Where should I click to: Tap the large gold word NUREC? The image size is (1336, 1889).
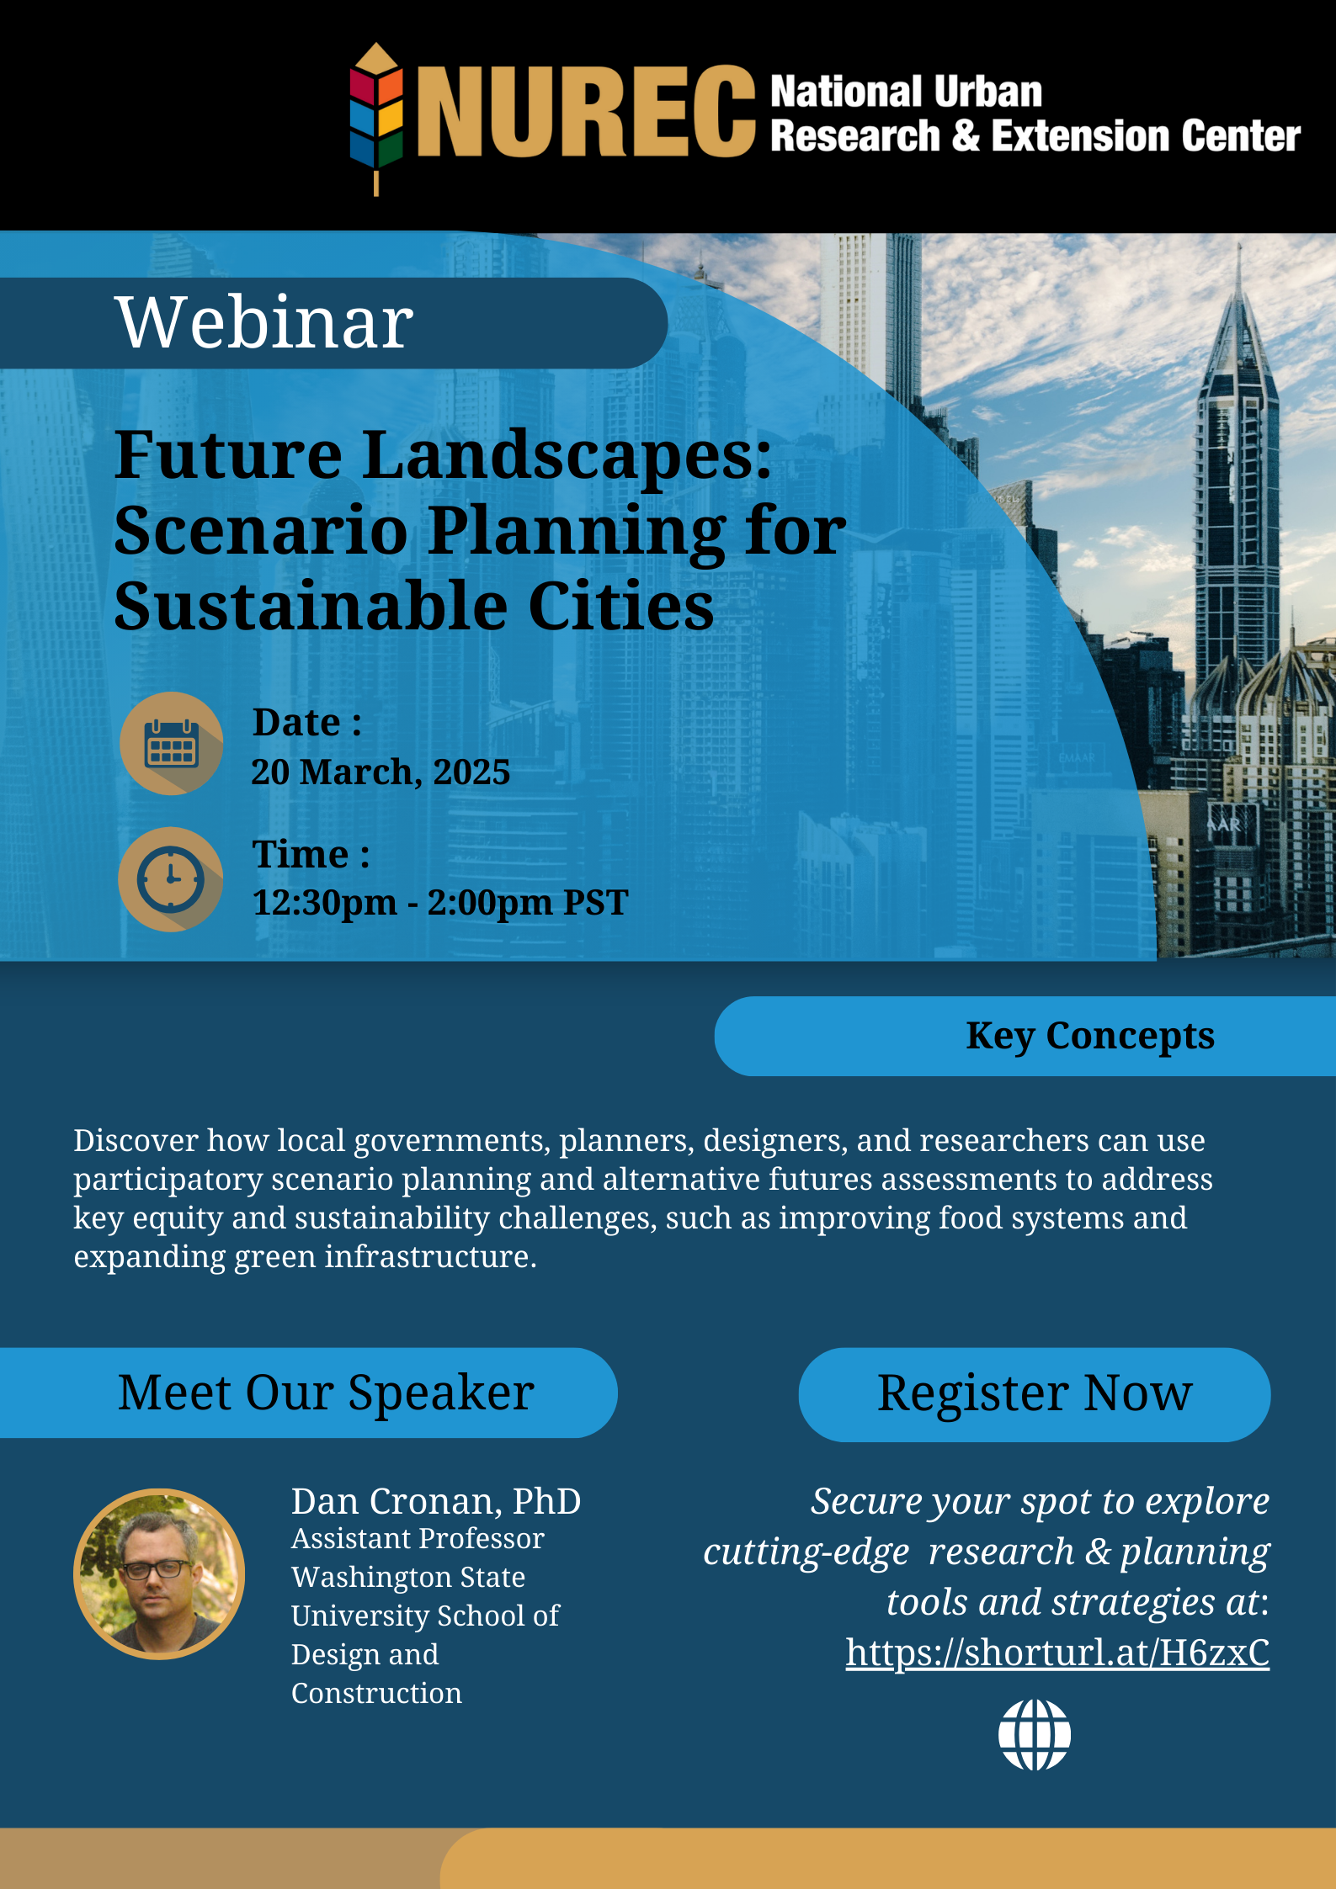click(x=586, y=112)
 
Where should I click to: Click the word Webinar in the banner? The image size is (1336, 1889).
click(x=264, y=322)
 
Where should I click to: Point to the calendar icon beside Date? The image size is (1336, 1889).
click(x=172, y=743)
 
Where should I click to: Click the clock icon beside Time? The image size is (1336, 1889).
click(x=171, y=879)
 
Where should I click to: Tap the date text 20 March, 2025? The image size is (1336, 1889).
click(x=381, y=772)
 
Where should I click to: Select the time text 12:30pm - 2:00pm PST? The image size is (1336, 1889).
click(x=440, y=903)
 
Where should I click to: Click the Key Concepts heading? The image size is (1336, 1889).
click(x=1089, y=1036)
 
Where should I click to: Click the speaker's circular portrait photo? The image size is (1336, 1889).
click(x=159, y=1573)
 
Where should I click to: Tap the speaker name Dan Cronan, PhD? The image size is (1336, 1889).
click(x=436, y=1502)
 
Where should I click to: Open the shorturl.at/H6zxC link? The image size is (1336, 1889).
click(x=1057, y=1652)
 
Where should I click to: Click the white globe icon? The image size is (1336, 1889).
click(x=1034, y=1735)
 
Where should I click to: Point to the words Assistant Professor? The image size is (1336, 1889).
click(x=418, y=1539)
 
